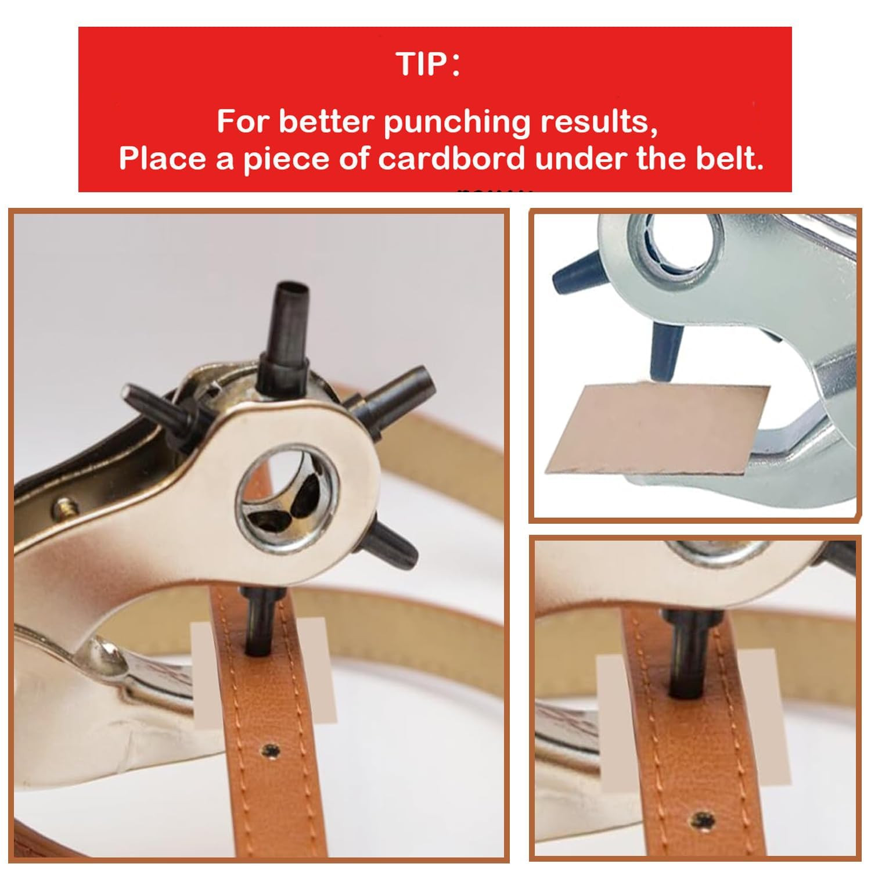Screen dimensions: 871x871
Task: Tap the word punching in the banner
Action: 457,123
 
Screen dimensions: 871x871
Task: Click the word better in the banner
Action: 327,123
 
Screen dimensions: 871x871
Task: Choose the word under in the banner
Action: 581,159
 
